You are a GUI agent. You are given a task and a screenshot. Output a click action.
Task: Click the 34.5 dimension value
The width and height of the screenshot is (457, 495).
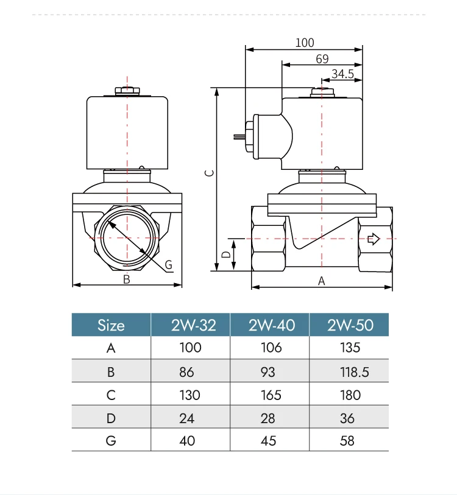(342, 74)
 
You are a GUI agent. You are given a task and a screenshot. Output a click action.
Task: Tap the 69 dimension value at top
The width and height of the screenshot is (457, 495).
(322, 58)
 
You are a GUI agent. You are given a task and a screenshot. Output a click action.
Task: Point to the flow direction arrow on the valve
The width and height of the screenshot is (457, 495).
(374, 239)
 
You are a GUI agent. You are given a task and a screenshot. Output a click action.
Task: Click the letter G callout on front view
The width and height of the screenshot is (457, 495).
(168, 264)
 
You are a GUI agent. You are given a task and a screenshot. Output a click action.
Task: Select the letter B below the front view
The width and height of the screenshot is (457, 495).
(126, 279)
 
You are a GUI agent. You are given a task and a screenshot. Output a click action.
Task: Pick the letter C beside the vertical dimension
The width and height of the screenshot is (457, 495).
(210, 173)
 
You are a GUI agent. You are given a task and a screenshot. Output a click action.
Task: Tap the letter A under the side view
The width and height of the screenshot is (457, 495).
(321, 281)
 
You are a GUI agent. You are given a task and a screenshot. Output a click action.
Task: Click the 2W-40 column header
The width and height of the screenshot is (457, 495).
(272, 325)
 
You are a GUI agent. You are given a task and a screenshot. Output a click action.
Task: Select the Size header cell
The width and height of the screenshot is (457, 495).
(111, 325)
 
